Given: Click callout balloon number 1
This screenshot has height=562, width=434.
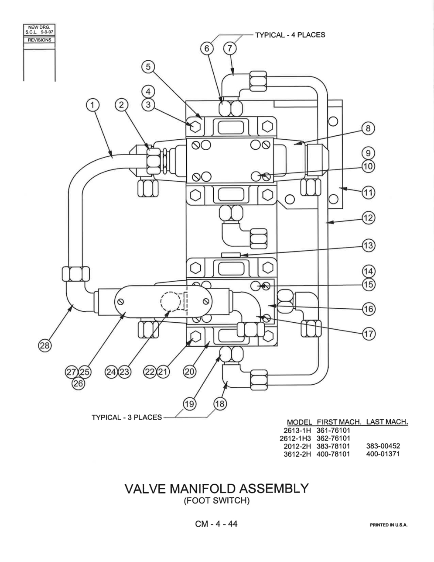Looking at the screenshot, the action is [92, 105].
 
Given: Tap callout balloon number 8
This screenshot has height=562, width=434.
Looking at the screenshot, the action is [368, 128].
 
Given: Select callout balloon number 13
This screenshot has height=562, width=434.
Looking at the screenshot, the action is [369, 245].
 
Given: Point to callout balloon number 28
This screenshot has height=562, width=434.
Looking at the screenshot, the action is [44, 345].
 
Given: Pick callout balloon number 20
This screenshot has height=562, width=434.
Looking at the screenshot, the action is [190, 372].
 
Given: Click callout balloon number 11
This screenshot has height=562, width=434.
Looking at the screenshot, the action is [369, 193].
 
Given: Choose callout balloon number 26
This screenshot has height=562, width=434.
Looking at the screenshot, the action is [78, 383].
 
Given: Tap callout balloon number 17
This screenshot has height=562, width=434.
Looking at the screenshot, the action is [369, 334].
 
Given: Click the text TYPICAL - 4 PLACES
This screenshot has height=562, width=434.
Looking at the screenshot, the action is [290, 35].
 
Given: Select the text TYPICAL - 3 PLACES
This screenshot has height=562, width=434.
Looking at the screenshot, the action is [126, 417].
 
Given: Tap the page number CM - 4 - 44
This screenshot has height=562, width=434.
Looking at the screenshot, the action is [216, 524].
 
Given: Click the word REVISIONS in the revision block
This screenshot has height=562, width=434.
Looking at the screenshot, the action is [40, 40].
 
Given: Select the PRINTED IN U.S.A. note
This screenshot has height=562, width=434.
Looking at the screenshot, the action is [389, 525].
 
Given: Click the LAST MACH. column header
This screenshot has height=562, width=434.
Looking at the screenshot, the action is [387, 422].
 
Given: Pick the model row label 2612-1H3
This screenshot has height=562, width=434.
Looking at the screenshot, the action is [295, 438].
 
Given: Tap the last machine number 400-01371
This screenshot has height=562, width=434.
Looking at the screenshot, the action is [383, 454].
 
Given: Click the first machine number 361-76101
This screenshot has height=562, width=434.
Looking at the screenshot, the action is [333, 431].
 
